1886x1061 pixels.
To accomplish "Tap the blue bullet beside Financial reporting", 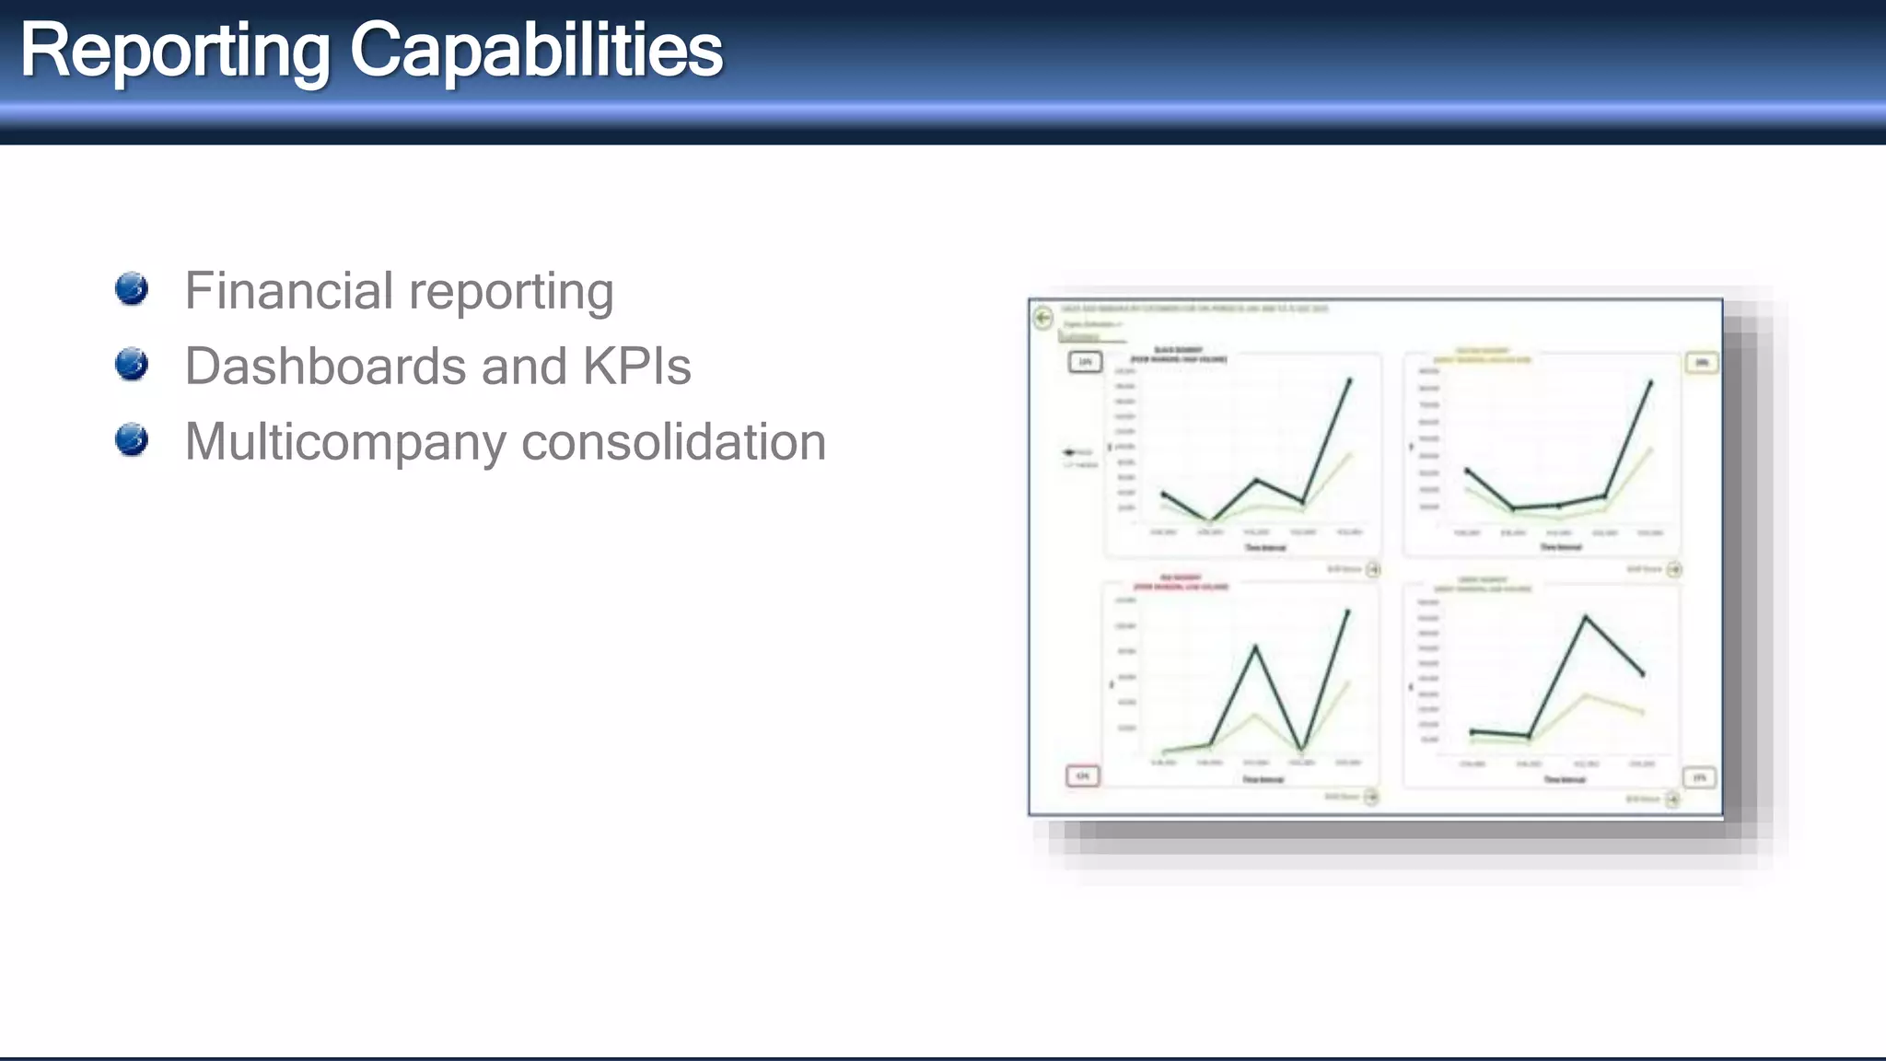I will [x=132, y=288].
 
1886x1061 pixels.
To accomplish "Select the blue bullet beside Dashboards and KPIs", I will [x=132, y=364].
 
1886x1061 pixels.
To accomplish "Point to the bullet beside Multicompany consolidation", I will [x=132, y=439].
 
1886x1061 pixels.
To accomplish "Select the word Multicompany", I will [x=345, y=442].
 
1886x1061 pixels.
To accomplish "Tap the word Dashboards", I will [x=325, y=367].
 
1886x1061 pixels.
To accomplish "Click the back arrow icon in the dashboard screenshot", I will [x=1043, y=318].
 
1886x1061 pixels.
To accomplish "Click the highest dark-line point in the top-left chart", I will [x=1350, y=379].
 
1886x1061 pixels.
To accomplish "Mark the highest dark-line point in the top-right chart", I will [x=1650, y=381].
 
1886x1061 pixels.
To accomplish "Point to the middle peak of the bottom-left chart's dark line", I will [x=1255, y=647].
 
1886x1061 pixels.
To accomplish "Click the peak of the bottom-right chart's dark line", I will [x=1585, y=617].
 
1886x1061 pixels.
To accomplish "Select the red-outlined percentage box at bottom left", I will [x=1083, y=775].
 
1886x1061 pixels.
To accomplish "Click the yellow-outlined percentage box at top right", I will [x=1701, y=363].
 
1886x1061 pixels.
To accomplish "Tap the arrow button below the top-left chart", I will [x=1372, y=570].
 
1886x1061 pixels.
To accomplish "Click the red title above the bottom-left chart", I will [x=1181, y=583].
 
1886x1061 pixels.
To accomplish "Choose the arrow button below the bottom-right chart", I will [x=1672, y=799].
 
